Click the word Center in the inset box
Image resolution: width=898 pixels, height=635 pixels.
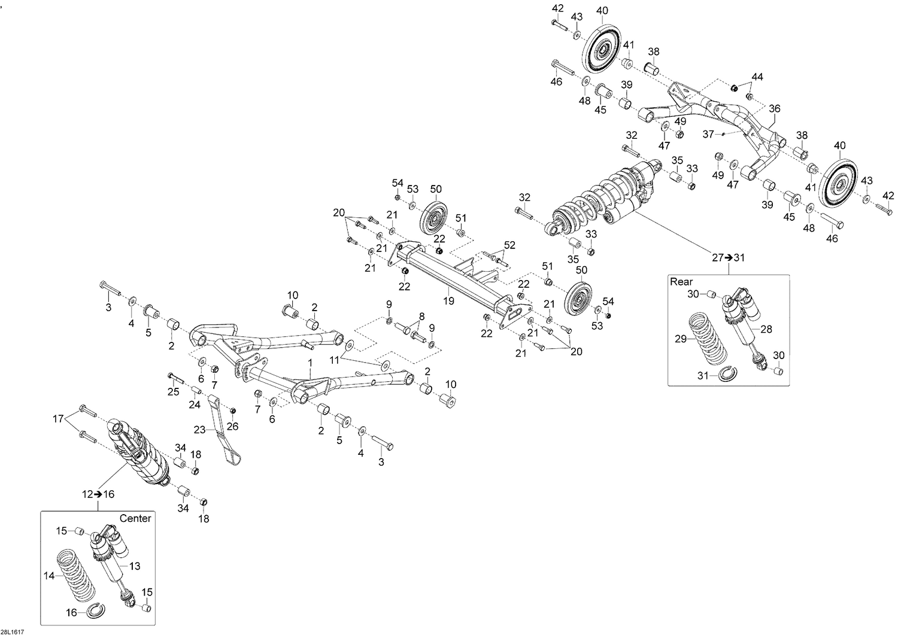[x=135, y=518]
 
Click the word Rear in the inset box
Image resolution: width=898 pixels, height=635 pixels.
[x=681, y=282]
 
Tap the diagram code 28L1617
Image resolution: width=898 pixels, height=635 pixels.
[x=12, y=632]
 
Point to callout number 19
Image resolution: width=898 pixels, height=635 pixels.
[x=448, y=300]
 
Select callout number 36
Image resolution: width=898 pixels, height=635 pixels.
[x=775, y=109]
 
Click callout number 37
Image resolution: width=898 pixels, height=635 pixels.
[x=708, y=134]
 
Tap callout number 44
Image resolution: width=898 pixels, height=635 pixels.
[x=757, y=77]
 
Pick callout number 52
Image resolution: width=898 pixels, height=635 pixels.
[x=509, y=245]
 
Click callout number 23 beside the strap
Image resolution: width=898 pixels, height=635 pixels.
[x=199, y=430]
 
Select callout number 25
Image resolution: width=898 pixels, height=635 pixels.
[x=173, y=391]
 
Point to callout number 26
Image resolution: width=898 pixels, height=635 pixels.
[x=232, y=426]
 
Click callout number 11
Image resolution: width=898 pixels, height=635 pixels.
[x=334, y=360]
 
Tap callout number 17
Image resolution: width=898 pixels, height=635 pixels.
[x=58, y=419]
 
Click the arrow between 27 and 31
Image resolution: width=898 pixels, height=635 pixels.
[x=729, y=257]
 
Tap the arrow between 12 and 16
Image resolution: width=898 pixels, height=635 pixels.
[x=98, y=494]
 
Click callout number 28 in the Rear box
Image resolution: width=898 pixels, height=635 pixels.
[x=766, y=329]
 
